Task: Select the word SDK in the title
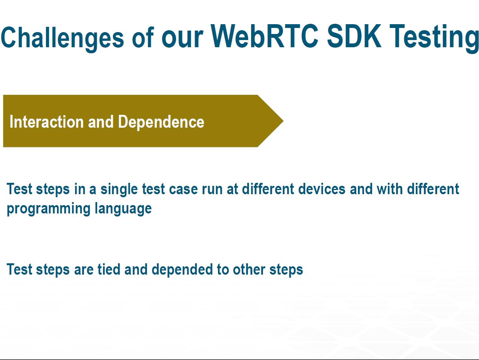point(354,36)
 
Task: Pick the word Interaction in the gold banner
point(46,122)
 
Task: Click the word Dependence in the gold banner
point(161,122)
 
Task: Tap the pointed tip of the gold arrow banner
point(283,121)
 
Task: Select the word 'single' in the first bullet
point(119,189)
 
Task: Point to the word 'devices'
point(321,189)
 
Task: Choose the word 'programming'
point(48,209)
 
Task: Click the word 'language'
point(123,209)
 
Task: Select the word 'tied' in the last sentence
point(108,269)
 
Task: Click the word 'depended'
point(182,270)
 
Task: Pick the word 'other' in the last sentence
point(249,269)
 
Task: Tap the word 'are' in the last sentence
point(83,270)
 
